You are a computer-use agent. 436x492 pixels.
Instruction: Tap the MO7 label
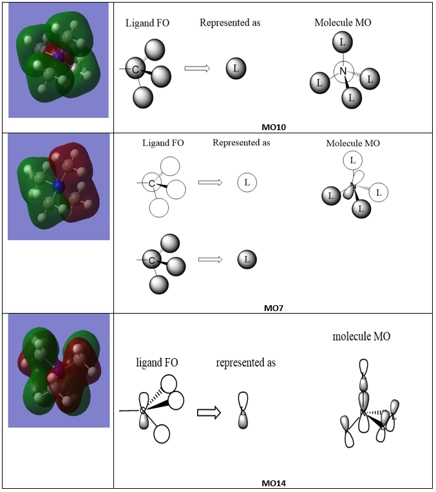274,308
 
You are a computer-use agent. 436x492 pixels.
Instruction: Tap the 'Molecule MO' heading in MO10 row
343,23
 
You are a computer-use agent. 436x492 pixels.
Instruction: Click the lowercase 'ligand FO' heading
157,363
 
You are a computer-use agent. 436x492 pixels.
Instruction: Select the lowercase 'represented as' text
245,363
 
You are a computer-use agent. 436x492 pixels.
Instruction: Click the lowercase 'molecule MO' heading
361,337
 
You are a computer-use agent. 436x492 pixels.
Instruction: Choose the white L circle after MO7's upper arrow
247,182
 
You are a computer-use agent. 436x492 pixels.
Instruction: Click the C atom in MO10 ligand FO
136,68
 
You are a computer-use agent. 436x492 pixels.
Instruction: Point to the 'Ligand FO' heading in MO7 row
163,142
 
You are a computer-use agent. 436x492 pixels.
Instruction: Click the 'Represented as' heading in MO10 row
230,23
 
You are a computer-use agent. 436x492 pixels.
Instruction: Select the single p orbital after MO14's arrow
243,410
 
